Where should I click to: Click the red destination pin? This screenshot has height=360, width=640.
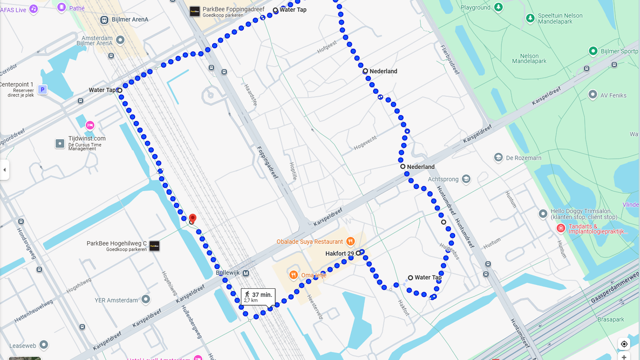(x=192, y=218)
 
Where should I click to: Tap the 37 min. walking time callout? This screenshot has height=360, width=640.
(x=258, y=297)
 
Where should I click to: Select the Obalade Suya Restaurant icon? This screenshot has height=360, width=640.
(x=350, y=241)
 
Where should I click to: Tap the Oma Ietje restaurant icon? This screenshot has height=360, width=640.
(x=294, y=275)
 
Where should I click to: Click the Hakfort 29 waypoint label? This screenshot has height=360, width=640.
(x=340, y=254)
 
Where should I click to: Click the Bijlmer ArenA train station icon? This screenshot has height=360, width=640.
(x=104, y=20)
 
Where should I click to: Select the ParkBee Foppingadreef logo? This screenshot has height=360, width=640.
(x=195, y=12)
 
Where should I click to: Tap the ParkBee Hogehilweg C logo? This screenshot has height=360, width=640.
(x=154, y=246)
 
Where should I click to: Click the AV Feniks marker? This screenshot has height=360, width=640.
(x=593, y=95)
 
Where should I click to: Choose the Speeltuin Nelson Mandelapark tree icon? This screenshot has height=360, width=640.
(x=530, y=18)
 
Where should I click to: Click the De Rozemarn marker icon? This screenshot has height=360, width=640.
(x=498, y=158)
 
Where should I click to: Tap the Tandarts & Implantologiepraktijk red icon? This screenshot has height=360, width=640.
(x=561, y=228)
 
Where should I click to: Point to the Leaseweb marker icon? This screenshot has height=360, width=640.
(x=44, y=345)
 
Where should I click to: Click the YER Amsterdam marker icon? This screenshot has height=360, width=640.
(x=146, y=299)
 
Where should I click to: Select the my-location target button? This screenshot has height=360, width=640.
(x=624, y=344)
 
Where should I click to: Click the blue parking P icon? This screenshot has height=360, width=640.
(x=42, y=90)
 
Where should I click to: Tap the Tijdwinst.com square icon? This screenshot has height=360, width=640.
(x=60, y=144)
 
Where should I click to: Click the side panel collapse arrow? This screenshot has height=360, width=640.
(x=4, y=170)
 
